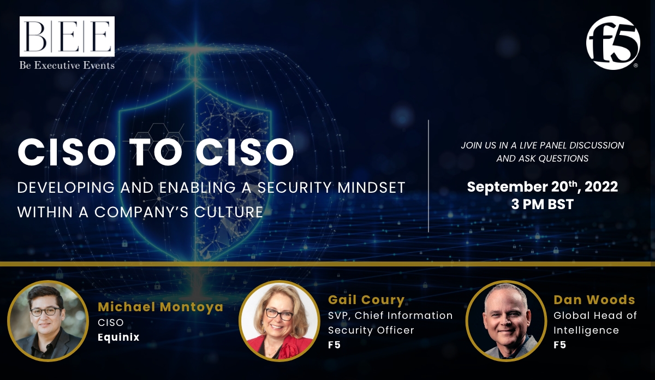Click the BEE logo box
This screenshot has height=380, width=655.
[x=67, y=36]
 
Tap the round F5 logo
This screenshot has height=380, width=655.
[x=613, y=43]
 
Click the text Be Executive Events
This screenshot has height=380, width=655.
[x=67, y=65]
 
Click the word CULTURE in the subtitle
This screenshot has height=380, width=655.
[x=229, y=212]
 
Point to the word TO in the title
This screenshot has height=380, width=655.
[x=155, y=152]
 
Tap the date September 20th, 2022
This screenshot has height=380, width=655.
[x=543, y=187]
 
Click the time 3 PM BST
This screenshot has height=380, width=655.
[x=543, y=204]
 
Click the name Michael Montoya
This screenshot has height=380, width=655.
[x=160, y=307]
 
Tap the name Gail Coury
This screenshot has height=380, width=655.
[x=366, y=300]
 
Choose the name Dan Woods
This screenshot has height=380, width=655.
[x=594, y=300]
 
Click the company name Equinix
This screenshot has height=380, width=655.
[x=118, y=337]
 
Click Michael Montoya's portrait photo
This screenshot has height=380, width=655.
[x=48, y=321]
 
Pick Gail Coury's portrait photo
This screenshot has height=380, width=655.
[x=279, y=321]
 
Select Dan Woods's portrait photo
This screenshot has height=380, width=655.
[x=506, y=321]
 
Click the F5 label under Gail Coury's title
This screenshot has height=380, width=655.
[x=334, y=345]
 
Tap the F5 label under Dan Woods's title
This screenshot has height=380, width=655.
[x=559, y=345]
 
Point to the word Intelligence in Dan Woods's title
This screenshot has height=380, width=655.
[x=586, y=330]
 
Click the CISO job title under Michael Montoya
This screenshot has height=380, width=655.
[x=110, y=322]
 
